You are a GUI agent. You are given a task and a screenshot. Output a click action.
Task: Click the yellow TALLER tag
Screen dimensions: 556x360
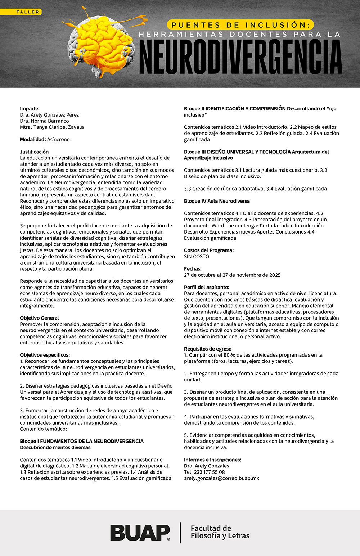(21, 12)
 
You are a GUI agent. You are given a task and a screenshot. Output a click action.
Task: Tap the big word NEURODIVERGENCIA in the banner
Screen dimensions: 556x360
(240, 57)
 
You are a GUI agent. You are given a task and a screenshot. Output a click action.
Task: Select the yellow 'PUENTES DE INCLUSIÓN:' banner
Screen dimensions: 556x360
(240, 25)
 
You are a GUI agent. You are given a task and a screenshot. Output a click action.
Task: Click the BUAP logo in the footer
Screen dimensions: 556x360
(140, 533)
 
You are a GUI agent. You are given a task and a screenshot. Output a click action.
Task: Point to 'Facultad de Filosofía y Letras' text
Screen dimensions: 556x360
(220, 532)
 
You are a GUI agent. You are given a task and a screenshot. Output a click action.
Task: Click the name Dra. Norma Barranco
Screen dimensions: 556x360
(44, 121)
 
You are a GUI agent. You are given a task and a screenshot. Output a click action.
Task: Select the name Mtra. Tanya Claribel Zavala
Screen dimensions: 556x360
(52, 127)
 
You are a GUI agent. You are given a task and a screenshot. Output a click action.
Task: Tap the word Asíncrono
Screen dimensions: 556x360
(58, 139)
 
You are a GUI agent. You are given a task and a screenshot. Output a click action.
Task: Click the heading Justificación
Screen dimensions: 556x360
(34, 152)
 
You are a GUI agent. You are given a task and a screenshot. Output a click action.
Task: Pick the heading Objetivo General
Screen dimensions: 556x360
(39, 318)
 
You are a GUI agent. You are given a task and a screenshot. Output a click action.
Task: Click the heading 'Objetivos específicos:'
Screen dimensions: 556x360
(45, 355)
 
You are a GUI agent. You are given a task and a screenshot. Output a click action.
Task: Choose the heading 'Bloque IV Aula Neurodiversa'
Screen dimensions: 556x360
(217, 201)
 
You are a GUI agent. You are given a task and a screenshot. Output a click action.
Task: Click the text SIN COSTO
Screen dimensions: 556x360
(197, 257)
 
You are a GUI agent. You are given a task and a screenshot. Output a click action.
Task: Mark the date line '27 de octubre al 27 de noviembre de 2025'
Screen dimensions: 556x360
(232, 275)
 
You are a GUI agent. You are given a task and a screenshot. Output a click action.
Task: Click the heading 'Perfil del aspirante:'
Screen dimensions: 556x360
(207, 287)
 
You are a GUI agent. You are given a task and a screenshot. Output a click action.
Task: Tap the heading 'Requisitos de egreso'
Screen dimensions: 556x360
(208, 349)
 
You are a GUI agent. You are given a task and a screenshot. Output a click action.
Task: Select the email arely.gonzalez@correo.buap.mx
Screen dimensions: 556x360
(221, 478)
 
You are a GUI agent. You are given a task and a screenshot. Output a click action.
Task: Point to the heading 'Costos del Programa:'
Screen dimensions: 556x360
(209, 250)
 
